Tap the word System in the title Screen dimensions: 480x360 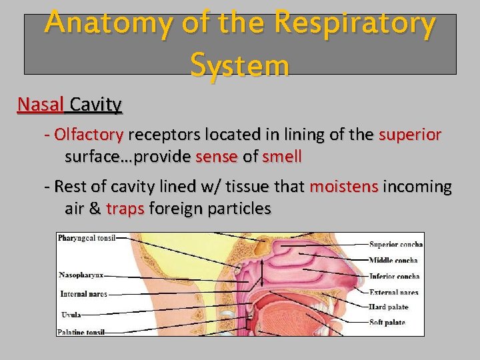239,65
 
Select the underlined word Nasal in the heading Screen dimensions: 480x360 41,105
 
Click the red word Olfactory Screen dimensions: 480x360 89,135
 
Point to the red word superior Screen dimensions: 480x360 410,135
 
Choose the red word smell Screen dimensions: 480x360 282,157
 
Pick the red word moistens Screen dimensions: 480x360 344,187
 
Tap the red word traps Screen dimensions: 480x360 125,209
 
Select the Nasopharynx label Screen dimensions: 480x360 81,275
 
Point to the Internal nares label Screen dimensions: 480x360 83,293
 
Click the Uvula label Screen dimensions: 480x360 70,314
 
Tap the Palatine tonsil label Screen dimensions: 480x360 81,332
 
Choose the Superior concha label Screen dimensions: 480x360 395,244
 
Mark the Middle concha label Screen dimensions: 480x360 393,260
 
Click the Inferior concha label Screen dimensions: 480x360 394,276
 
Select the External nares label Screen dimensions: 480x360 393,292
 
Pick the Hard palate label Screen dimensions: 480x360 388,307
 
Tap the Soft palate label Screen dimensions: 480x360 387,323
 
